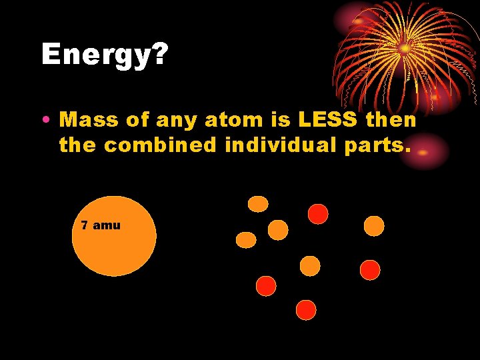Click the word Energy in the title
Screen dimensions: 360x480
point(93,55)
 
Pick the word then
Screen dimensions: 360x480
point(393,121)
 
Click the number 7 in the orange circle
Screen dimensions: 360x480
point(84,225)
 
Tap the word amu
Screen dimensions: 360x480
point(107,225)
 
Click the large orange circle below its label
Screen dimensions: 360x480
point(114,250)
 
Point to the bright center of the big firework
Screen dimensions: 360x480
point(404,47)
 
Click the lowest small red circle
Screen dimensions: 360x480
point(305,309)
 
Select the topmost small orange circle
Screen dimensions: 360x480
point(258,203)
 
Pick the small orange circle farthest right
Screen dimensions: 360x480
point(374,226)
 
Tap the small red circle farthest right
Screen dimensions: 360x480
point(369,269)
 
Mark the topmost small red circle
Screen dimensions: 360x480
point(318,213)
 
